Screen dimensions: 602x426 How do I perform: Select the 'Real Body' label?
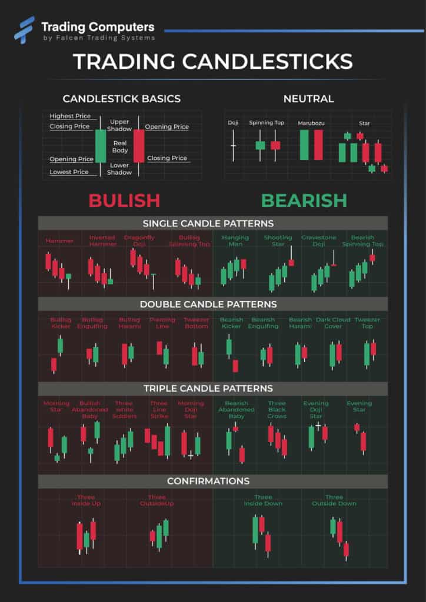click(x=120, y=146)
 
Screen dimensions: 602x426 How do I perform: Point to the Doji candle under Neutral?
click(x=233, y=145)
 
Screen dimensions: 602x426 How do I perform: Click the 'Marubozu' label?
click(x=311, y=123)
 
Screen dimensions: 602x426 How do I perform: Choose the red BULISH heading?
click(x=124, y=200)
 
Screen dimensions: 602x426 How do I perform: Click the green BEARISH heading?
click(x=304, y=200)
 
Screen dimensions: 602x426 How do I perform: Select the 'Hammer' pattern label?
click(x=59, y=241)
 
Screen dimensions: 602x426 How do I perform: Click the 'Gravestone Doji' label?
click(x=319, y=240)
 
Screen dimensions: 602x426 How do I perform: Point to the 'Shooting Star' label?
click(x=278, y=240)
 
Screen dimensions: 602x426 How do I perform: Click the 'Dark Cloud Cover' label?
click(x=333, y=323)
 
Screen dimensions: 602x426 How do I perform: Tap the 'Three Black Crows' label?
click(x=277, y=410)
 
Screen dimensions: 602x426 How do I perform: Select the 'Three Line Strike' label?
click(x=159, y=410)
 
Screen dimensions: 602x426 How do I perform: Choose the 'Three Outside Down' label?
click(x=334, y=500)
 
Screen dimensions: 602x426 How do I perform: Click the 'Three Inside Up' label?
click(x=86, y=500)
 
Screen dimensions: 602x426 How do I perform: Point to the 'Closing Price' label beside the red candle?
click(x=167, y=158)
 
